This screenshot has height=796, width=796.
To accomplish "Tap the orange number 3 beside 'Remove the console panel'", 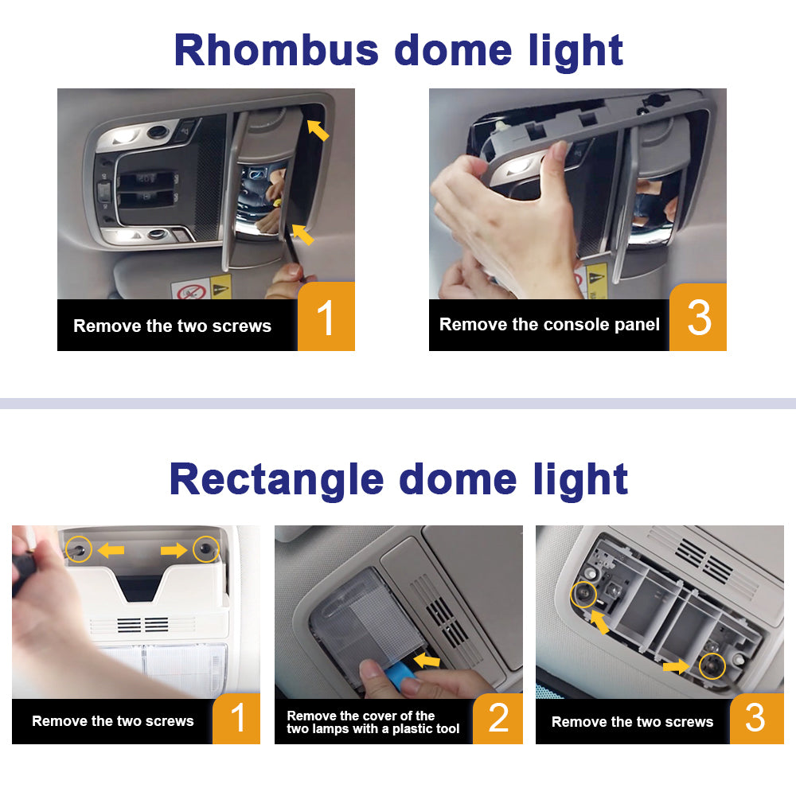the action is [699, 318].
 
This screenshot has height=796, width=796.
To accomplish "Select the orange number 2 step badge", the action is [498, 718].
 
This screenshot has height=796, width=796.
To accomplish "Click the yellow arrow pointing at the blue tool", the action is [427, 660].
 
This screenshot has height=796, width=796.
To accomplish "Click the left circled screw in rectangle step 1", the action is [79, 548].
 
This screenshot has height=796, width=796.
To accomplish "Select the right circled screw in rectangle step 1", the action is [206, 548].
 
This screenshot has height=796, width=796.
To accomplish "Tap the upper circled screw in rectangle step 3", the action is [583, 595].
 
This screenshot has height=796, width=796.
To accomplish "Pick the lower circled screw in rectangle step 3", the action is [712, 665].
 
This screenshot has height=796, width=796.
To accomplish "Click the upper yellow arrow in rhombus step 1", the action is [318, 130].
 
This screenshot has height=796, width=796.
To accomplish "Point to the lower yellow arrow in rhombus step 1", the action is [303, 235].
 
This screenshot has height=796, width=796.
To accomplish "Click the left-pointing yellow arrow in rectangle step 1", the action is [111, 550].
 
